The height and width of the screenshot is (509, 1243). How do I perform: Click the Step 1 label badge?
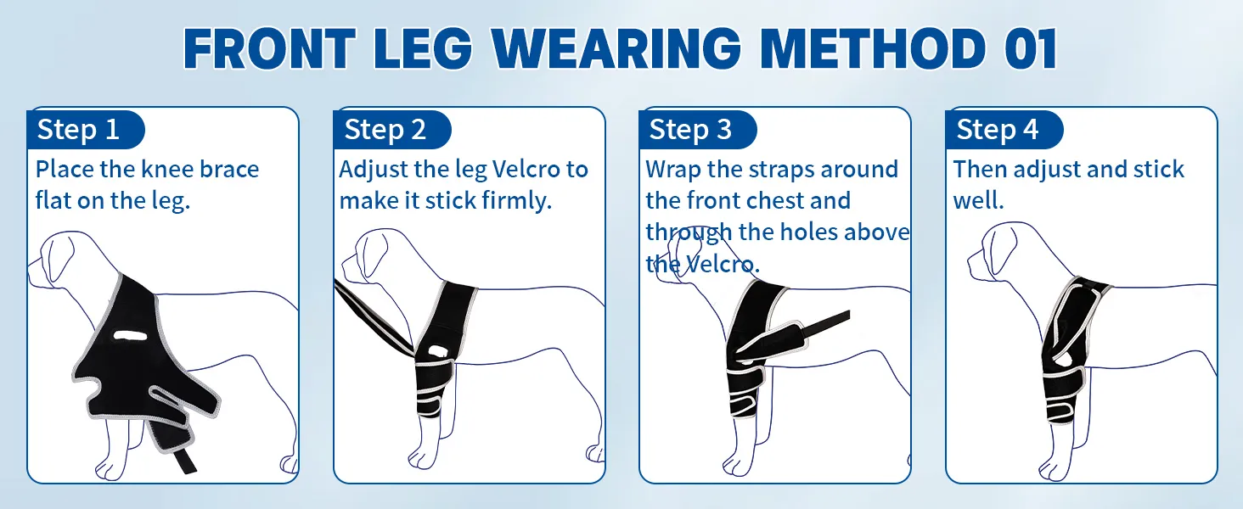coord(86,130)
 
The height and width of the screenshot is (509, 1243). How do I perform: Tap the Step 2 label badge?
coord(392,130)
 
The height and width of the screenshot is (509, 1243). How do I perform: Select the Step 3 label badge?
coord(698,130)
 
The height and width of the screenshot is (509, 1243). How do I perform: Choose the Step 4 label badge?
coord(1005,130)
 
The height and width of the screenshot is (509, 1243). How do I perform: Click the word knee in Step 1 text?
coord(167,169)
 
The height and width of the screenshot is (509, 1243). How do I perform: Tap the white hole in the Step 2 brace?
coord(437,351)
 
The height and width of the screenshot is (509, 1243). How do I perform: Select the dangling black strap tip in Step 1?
coord(185,461)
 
